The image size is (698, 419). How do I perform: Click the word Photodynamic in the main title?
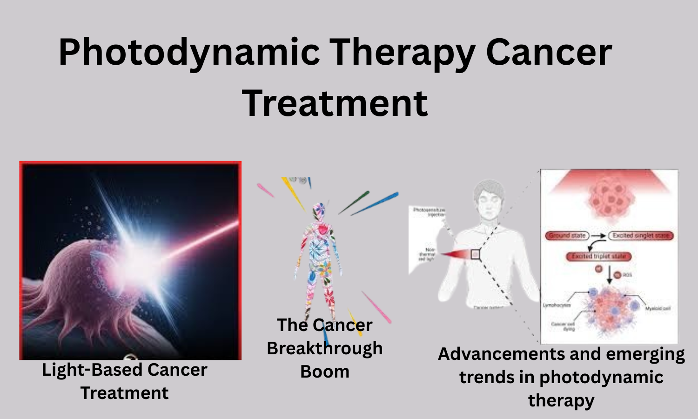coord(189,52)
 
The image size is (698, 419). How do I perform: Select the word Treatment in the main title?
coord(335,103)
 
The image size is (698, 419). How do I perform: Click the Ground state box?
coord(567,236)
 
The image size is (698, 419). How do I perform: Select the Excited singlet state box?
coord(641,236)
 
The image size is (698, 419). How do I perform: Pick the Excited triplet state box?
coord(598,257)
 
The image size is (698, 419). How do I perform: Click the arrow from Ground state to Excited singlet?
coord(599,236)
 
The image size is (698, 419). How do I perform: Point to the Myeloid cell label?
coord(658,309)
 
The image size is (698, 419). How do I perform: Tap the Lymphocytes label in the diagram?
coord(557,305)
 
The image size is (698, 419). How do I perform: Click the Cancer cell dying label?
coord(563,326)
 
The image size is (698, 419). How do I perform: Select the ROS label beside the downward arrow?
coord(627,275)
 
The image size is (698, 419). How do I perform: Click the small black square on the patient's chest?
coord(475,254)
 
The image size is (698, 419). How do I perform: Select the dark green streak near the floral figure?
coord(354,203)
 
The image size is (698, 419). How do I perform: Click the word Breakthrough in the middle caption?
coord(324,348)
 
